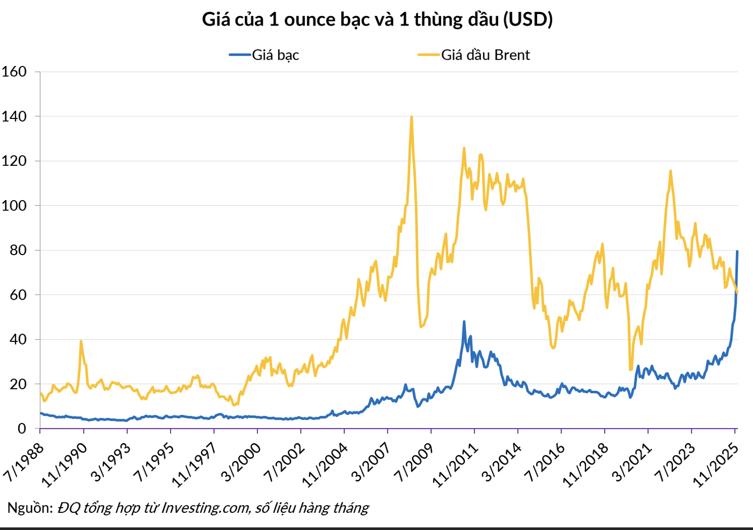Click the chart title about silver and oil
377,20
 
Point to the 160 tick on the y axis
14,72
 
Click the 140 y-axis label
14,116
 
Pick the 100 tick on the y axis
14,206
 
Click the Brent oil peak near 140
411,117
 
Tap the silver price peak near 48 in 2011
464,322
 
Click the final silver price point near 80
737,251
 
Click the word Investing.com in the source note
206,508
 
